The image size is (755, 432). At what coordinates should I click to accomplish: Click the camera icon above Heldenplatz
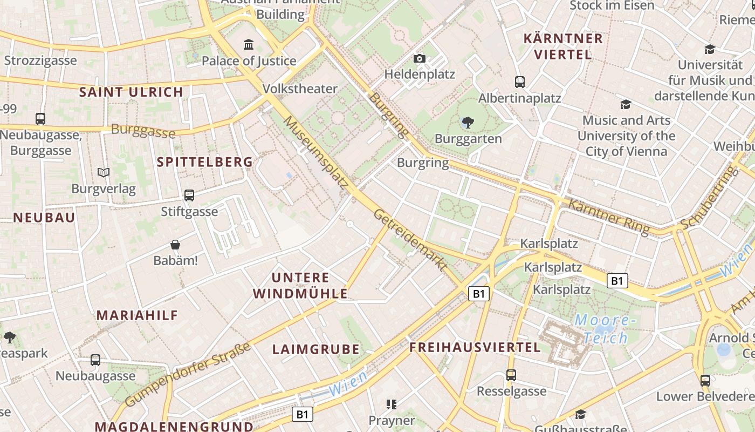pos(420,58)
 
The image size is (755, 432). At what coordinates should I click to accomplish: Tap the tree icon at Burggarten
pos(468,123)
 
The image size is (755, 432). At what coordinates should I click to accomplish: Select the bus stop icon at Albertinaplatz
pos(520,82)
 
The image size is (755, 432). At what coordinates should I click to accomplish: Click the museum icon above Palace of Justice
pos(249,44)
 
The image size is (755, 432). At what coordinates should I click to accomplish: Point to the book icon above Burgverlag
pos(104,172)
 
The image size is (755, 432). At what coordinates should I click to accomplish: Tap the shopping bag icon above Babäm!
pos(175,245)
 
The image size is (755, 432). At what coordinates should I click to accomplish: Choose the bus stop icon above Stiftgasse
pos(189,195)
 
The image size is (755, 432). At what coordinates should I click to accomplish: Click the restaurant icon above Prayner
pos(392,404)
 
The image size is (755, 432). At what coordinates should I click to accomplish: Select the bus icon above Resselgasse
pos(511,375)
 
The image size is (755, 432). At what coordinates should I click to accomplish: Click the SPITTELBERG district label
pos(205,161)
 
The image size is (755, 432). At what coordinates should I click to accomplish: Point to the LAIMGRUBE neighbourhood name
pos(316,349)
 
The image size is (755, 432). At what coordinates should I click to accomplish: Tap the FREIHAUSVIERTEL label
pos(475,347)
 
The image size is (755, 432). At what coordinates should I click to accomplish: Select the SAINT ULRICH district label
pos(132,92)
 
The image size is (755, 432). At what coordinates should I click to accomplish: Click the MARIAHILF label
pos(137,315)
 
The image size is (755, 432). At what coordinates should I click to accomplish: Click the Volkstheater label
pos(300,89)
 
